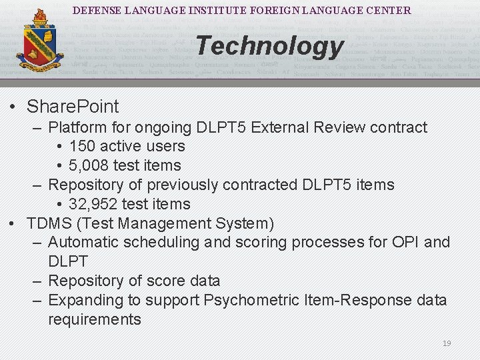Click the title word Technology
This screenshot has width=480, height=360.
269,46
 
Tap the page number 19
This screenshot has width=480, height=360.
447,343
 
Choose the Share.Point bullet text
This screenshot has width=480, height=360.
73,107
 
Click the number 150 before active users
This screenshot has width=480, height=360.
83,146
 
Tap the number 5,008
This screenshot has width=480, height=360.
87,165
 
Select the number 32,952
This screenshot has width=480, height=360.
92,204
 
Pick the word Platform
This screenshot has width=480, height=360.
80,127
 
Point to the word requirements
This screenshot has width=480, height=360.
95,320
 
